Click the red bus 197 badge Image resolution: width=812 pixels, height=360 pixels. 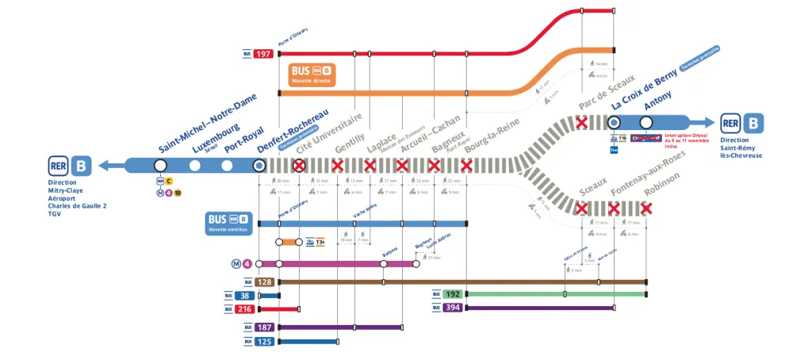click(264, 54)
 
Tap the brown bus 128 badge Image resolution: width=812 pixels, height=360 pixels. click(264, 282)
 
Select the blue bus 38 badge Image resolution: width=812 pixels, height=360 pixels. click(245, 296)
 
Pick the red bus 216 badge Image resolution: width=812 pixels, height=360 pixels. click(245, 309)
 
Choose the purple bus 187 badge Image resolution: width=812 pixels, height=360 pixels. click(264, 327)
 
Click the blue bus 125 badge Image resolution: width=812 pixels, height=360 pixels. click(264, 342)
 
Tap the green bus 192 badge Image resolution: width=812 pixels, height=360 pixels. click(453, 294)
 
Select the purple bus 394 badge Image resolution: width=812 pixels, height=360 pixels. click(453, 308)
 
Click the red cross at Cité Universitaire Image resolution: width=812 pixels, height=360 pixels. click(299, 166)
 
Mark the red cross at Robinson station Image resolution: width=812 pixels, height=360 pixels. click(646, 209)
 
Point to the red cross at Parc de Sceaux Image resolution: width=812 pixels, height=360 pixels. click(581, 122)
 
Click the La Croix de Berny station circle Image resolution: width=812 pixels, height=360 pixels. click(613, 122)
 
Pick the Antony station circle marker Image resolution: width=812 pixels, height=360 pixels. click(646, 122)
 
